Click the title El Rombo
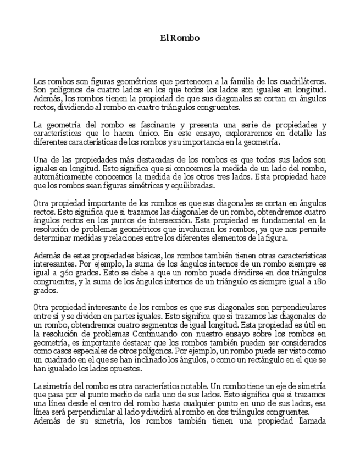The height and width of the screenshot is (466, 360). tap(180, 38)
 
